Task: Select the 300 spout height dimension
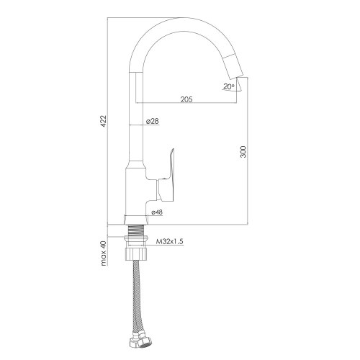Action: point(243,152)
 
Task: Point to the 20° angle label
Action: point(228,87)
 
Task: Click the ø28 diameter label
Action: point(152,122)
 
